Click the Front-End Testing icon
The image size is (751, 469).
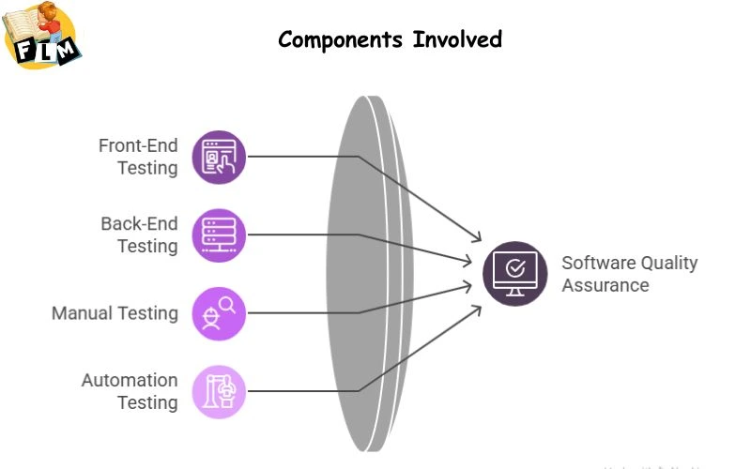tap(219, 157)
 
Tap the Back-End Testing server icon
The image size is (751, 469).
tap(219, 234)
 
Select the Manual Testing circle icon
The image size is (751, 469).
tap(219, 313)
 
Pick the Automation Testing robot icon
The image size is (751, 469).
tap(219, 391)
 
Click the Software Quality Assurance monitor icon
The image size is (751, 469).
tap(514, 273)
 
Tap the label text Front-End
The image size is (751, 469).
tap(138, 145)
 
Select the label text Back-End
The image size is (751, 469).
tap(139, 223)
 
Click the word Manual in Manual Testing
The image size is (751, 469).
tap(82, 313)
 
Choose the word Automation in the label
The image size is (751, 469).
tap(130, 380)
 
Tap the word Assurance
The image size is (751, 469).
tap(605, 284)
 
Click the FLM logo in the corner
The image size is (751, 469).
tap(42, 38)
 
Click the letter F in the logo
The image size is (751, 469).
tap(24, 53)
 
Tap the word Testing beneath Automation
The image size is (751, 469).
tap(147, 402)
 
